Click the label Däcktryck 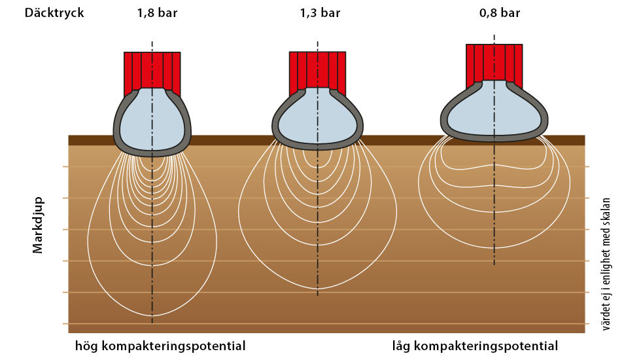click(x=54, y=12)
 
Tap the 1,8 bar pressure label click(x=158, y=13)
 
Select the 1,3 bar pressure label click(x=320, y=13)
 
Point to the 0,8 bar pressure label click(x=500, y=13)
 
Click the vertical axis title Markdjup click(x=38, y=225)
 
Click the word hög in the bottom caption click(x=86, y=346)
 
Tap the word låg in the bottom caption click(x=401, y=346)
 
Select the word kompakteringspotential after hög click(x=173, y=346)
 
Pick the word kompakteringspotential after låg click(x=486, y=346)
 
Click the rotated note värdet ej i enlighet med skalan click(x=606, y=264)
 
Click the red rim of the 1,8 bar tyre click(x=152, y=70)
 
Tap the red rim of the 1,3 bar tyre click(x=318, y=70)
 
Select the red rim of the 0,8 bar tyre click(x=494, y=62)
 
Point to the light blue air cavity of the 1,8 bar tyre click(x=152, y=120)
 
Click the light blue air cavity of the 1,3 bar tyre click(x=318, y=118)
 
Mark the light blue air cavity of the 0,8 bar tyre click(x=494, y=111)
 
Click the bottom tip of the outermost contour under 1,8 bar click(x=152, y=315)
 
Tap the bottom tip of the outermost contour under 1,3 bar click(x=318, y=289)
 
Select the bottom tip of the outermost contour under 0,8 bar click(x=494, y=248)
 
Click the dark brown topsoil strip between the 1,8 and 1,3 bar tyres click(x=232, y=140)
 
